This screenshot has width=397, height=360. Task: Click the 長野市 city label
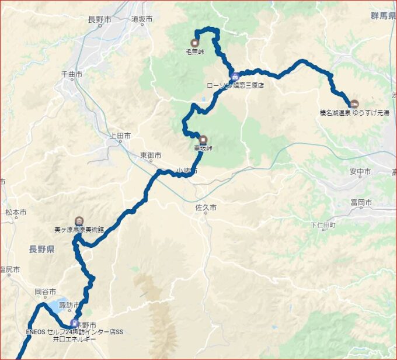point(99,19)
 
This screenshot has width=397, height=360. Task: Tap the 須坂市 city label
point(142,19)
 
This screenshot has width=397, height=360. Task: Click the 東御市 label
point(150,155)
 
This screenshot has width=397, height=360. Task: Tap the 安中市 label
point(360,172)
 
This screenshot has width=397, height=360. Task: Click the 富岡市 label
point(362,202)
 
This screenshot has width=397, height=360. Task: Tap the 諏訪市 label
point(69,305)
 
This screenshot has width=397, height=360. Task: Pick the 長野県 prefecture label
point(41,250)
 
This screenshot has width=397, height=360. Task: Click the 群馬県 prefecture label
point(383,15)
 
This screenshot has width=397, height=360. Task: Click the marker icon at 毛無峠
point(194,42)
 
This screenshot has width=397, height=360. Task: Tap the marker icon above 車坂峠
point(203,140)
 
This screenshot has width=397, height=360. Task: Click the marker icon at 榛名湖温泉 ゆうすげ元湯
point(354,104)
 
